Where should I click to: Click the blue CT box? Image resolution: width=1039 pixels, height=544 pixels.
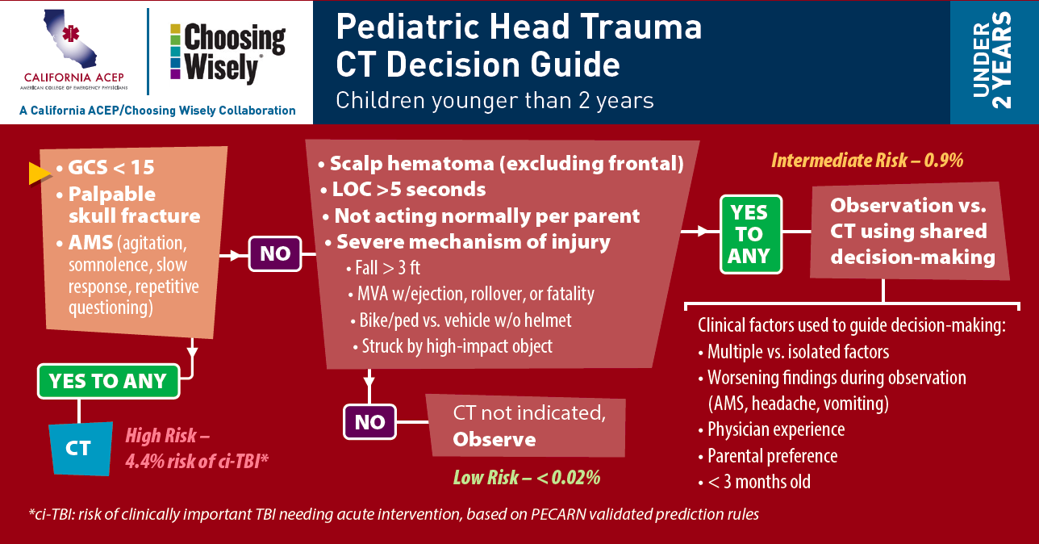[81, 449]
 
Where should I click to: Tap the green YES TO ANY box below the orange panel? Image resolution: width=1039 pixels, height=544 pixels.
[109, 381]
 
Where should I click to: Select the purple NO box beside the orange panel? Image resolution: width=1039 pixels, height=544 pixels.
[275, 253]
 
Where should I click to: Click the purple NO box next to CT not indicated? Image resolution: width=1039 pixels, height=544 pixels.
[369, 422]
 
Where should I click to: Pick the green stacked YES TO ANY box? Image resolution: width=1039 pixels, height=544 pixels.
[751, 234]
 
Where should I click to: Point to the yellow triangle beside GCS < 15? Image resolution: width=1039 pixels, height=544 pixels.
[40, 174]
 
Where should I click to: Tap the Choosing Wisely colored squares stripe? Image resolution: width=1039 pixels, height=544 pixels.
[175, 51]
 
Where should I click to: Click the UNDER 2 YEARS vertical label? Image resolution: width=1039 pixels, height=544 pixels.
[991, 61]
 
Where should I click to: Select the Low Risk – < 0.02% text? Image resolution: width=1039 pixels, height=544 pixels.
[527, 478]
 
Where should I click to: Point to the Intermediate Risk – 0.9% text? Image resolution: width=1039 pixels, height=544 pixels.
[867, 161]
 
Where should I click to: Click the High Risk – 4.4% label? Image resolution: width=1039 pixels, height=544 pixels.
[197, 449]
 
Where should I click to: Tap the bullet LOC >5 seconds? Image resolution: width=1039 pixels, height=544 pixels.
[403, 190]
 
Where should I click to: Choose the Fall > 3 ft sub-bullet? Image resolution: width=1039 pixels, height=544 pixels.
[383, 268]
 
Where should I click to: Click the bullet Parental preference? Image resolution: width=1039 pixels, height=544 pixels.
[768, 456]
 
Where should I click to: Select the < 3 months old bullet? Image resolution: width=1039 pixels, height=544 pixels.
[754, 482]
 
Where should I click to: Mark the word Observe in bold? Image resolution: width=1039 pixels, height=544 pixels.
[494, 440]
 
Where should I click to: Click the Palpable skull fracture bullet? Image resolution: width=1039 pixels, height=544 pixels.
[128, 205]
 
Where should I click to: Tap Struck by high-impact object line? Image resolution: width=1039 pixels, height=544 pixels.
[453, 346]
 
